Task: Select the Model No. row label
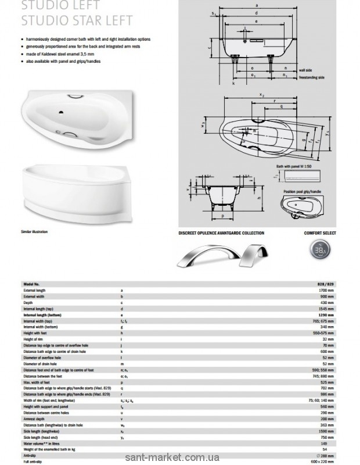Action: click(x=33, y=284)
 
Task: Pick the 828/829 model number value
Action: click(x=327, y=284)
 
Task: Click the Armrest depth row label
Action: click(x=34, y=418)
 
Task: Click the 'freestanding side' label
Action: click(x=311, y=77)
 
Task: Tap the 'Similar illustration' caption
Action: click(x=34, y=232)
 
